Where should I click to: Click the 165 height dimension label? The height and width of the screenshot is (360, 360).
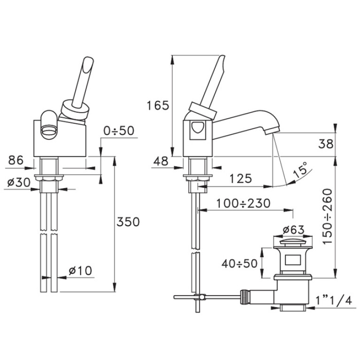(x=158, y=106)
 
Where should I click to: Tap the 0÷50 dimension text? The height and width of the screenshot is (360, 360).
(x=119, y=131)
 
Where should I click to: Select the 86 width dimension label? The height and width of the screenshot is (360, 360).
(x=16, y=160)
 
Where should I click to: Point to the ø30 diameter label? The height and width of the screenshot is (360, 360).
(x=19, y=183)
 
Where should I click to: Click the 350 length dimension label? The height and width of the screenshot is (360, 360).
(x=128, y=222)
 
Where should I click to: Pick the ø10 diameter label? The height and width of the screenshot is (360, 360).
(x=80, y=270)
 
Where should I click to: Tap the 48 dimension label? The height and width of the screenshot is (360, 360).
(x=161, y=161)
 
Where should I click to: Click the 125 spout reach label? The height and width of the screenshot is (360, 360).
(x=240, y=178)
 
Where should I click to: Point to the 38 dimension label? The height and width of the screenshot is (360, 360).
(x=326, y=144)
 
